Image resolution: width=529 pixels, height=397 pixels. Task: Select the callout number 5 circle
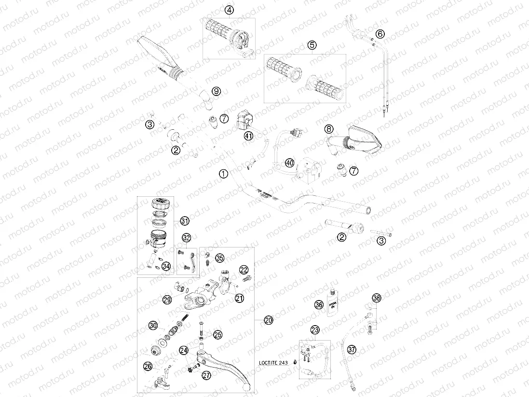point(312,45)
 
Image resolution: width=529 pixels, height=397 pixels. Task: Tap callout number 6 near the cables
point(380,34)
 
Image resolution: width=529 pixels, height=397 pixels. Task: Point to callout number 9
point(216,91)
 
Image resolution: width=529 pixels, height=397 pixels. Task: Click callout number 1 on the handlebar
point(223,174)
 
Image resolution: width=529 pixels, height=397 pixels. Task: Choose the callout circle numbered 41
point(248,137)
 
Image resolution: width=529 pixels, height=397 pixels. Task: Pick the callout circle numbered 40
point(289,163)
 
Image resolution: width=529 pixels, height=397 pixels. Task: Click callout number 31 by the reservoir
point(184,221)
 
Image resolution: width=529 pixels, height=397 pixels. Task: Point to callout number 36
point(319,305)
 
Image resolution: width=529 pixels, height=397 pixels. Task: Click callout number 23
point(315,330)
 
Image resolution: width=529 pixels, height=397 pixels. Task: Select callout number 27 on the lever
point(206,376)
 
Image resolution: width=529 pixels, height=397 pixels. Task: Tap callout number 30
point(153,326)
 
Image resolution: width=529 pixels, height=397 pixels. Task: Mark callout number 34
point(166,266)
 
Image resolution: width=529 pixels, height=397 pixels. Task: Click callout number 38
point(377,298)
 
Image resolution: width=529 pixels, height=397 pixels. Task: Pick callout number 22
point(244,270)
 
